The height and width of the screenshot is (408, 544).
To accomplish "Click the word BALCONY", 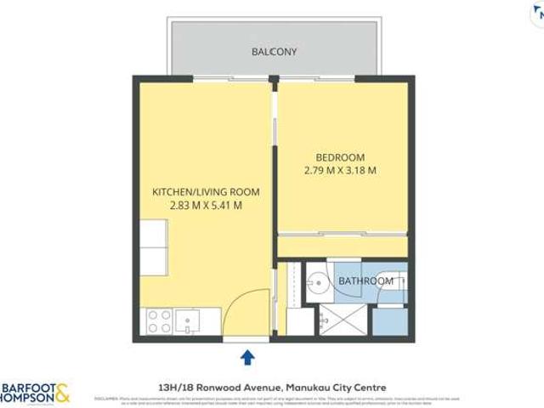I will point(273,51).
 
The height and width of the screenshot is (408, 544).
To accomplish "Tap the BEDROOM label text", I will point(340,157).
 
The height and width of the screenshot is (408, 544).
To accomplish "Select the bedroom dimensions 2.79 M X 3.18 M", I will point(340,171).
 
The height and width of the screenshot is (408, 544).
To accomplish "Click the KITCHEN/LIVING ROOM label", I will point(206,191).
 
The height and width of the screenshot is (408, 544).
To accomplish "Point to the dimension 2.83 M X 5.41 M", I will point(206,205).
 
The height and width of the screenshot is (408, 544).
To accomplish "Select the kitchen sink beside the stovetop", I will point(188,320).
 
